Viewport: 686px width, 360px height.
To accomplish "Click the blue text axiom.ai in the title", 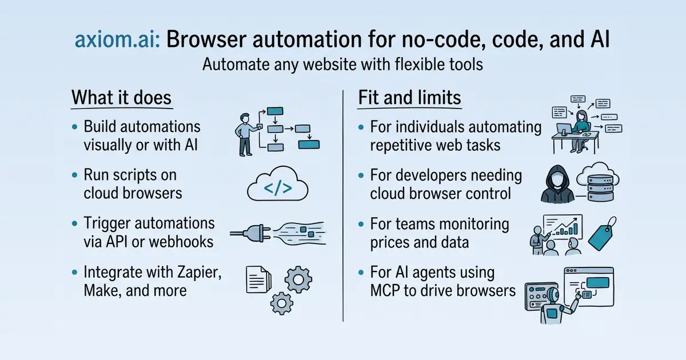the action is (117, 40).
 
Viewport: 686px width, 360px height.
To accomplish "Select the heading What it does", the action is (121, 97).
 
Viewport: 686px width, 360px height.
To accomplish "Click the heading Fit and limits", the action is (409, 97).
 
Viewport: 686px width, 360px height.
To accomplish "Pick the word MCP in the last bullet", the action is (385, 290).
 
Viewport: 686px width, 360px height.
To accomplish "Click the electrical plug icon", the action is (251, 234).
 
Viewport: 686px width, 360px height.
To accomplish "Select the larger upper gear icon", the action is (298, 279).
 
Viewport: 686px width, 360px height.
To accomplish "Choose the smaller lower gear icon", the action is (281, 303).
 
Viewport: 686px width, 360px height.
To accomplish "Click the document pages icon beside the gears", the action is (258, 279).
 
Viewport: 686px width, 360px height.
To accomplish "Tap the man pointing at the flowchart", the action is (246, 135).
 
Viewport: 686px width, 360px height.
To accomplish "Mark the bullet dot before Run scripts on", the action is (74, 175).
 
